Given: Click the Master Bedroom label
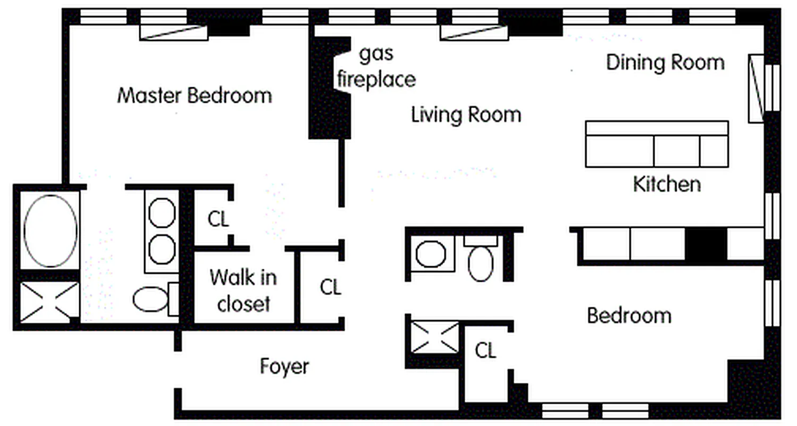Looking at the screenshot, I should (x=195, y=96).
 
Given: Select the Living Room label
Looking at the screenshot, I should (x=466, y=114).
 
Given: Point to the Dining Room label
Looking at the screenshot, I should (x=665, y=62).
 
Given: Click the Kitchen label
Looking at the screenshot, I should (x=666, y=184).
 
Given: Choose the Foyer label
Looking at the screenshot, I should (x=284, y=366).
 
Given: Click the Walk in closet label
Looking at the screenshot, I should (x=243, y=291).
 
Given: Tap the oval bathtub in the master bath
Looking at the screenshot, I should (x=51, y=231).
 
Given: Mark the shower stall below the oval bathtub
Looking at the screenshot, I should (x=49, y=302).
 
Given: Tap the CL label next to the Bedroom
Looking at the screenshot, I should (x=485, y=351).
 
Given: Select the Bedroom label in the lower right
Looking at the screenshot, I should (x=629, y=315).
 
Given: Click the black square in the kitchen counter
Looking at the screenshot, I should (x=706, y=243).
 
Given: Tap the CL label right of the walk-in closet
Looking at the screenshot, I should (x=330, y=288).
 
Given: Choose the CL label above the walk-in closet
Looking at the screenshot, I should (x=218, y=220).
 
